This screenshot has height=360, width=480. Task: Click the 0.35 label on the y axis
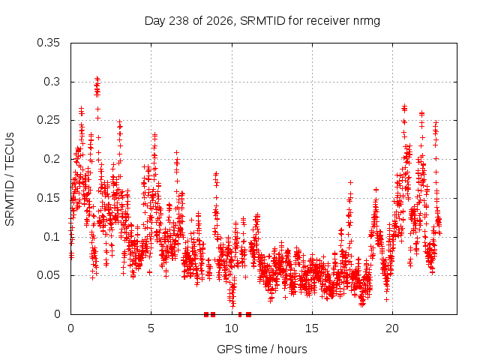[48, 43]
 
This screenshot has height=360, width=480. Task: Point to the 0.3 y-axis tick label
[52, 82]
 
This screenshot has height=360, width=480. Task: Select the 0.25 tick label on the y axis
[48, 120]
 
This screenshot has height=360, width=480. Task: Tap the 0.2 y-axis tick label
[52, 159]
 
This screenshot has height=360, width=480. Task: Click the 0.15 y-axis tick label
[48, 198]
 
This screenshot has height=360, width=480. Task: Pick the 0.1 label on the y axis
[52, 237]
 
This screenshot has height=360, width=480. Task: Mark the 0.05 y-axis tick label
[48, 275]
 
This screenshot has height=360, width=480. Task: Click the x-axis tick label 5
[151, 328]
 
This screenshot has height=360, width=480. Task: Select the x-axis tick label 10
[232, 328]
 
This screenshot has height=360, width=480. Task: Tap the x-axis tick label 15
[312, 328]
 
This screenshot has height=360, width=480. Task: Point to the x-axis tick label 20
[392, 328]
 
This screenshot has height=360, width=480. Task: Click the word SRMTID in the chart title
[262, 21]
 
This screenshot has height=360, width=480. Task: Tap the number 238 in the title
[178, 21]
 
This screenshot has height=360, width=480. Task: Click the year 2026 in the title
[220, 22]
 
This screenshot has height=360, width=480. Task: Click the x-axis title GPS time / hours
[262, 349]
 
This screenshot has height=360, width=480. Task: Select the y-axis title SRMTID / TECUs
[10, 179]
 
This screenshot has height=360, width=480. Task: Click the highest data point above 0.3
[97, 78]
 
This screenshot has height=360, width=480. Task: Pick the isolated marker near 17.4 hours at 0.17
[350, 182]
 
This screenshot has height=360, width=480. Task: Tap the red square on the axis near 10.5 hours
[240, 314]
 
